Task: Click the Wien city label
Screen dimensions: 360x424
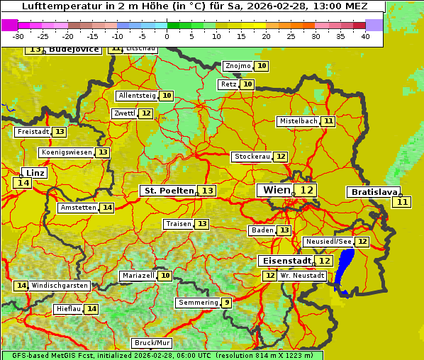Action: point(277,190)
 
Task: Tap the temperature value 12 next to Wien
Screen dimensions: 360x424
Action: point(306,190)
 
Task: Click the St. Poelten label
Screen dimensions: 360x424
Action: point(168,191)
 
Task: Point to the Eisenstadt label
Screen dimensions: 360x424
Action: point(284,261)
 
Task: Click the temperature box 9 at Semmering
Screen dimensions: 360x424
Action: point(226,303)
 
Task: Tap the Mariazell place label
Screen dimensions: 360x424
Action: point(138,275)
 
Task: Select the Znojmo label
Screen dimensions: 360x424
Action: point(238,66)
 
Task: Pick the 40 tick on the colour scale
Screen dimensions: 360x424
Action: point(365,36)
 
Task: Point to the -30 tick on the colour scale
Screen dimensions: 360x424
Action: point(18,36)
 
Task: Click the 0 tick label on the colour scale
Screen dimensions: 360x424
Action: point(167,36)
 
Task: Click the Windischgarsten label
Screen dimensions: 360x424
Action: point(60,286)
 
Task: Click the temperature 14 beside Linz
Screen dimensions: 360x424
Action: point(23,183)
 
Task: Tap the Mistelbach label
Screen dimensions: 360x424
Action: point(299,121)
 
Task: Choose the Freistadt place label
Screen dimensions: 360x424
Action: point(33,132)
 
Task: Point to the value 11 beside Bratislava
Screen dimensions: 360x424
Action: point(402,202)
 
